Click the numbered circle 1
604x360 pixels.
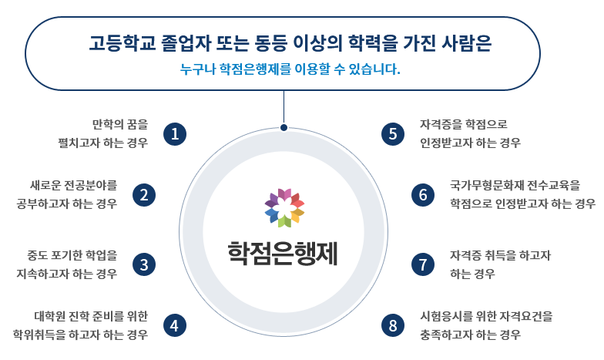(176, 133)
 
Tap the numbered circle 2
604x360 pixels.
(144, 195)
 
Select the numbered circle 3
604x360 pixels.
(144, 264)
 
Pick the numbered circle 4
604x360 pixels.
(176, 325)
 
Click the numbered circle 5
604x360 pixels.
(393, 133)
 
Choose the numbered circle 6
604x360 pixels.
(423, 195)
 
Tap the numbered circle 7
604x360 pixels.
(423, 264)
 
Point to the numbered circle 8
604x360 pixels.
(393, 325)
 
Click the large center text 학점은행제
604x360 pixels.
(283, 253)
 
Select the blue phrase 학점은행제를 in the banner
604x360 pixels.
(254, 70)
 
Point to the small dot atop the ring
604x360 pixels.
(284, 128)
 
